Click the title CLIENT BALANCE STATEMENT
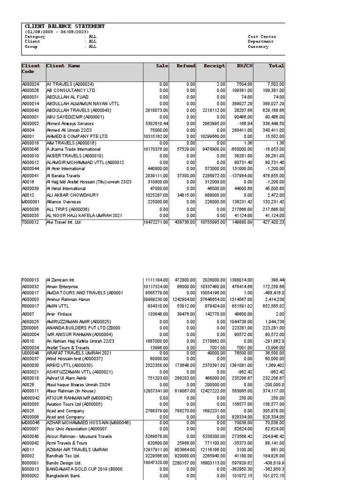pyautogui.click(x=65, y=27)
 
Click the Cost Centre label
pyautogui.click(x=262, y=37)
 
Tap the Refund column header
pyautogui.click(x=186, y=66)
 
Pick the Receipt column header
pyautogui.click(x=214, y=66)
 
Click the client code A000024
pyautogui.click(x=31, y=84)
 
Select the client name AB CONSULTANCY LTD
pyautogui.click(x=70, y=90)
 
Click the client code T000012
pyautogui.click(x=30, y=223)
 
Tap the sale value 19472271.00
pyautogui.click(x=155, y=223)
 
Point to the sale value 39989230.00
pyautogui.click(x=155, y=299)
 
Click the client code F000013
pyautogui.click(x=30, y=280)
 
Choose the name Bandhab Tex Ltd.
pyautogui.click(x=63, y=455)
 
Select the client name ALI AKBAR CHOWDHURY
pyautogui.click(x=72, y=192)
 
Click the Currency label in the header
pyautogui.click(x=258, y=47)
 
